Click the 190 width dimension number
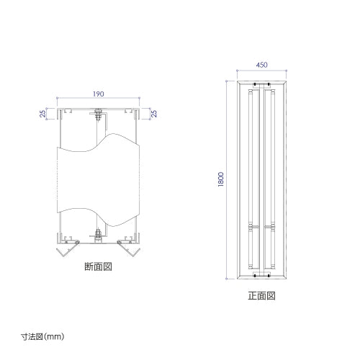(98, 94)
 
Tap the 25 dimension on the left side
(42, 113)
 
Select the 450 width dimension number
(263, 66)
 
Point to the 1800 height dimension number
(223, 180)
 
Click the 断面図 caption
(98, 266)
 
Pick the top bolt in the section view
(98, 114)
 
